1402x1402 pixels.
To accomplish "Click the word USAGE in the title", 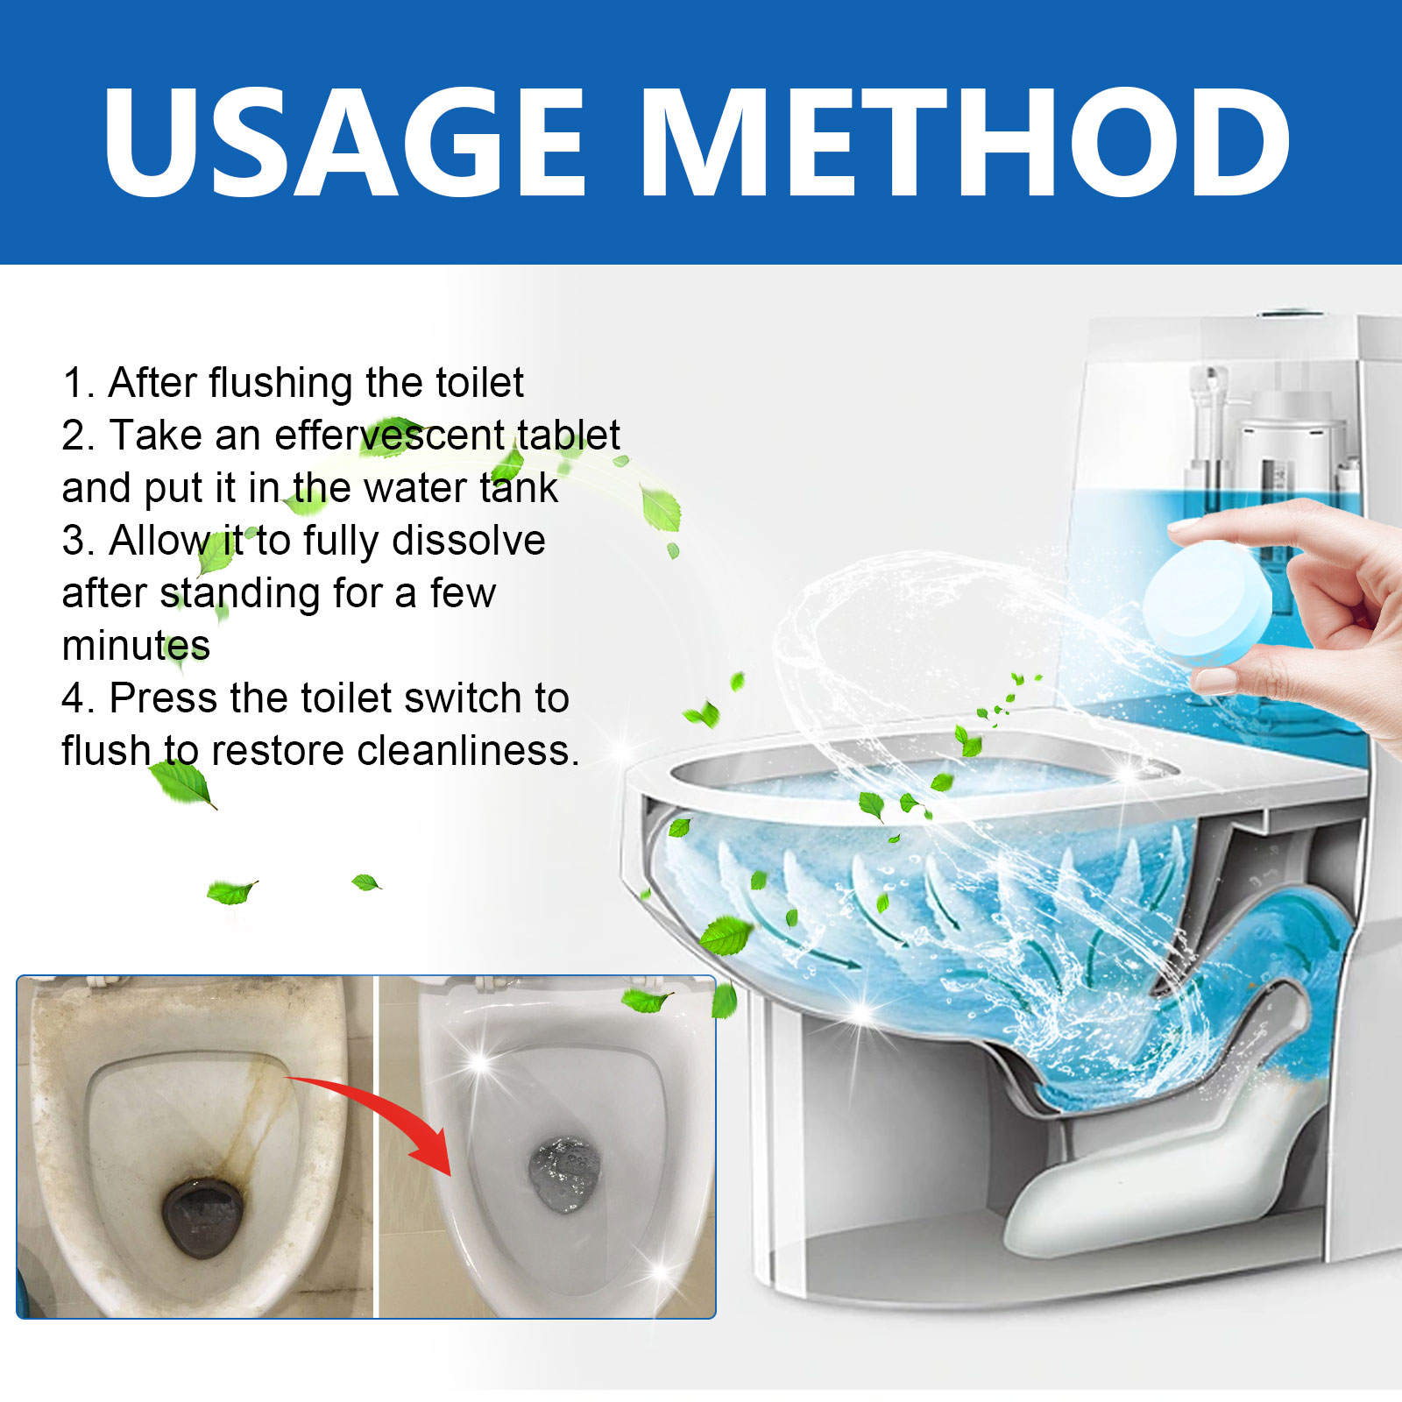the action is pyautogui.click(x=343, y=143).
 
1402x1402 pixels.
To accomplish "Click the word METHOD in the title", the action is pyautogui.click(x=967, y=143).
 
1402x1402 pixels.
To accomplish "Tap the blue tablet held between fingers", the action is pyautogui.click(x=1207, y=605).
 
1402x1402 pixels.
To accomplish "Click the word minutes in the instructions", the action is pyautogui.click(x=136, y=646).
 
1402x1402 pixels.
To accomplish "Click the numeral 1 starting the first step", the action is pyautogui.click(x=74, y=384).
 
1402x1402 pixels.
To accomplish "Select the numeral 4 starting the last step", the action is pyautogui.click(x=73, y=699).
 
